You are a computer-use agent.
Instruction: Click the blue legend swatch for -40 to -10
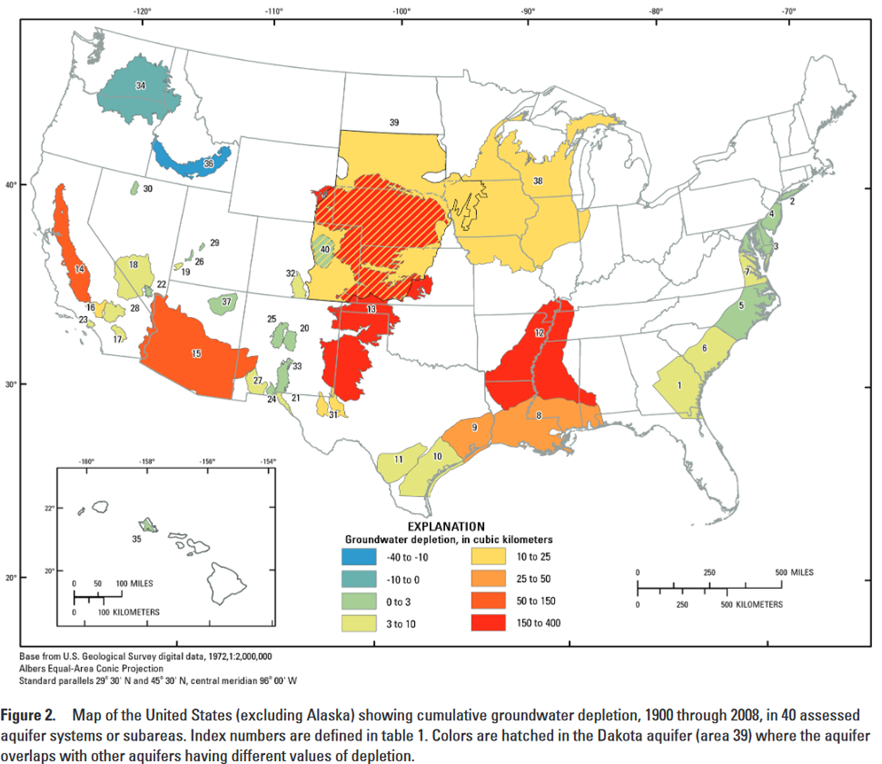click(359, 557)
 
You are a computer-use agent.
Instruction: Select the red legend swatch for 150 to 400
click(488, 623)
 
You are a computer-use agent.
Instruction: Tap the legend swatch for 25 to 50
click(488, 578)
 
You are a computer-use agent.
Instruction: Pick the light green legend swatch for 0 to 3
click(359, 602)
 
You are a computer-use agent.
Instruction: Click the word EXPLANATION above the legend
click(446, 526)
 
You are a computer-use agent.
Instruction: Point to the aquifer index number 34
click(141, 85)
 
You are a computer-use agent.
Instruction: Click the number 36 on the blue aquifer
click(208, 164)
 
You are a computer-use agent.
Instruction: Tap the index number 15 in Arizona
click(196, 353)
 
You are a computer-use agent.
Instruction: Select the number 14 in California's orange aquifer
click(80, 269)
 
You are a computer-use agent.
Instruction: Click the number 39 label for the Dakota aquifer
click(394, 123)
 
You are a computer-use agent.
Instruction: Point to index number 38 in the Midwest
click(538, 181)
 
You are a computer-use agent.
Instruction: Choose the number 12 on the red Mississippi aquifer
click(539, 333)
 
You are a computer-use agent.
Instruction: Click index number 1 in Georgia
click(679, 385)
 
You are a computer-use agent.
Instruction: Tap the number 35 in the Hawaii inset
click(136, 539)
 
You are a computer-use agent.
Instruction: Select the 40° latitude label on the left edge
click(11, 185)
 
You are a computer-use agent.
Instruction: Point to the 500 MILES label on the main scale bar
click(794, 572)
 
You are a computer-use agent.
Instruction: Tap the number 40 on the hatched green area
click(325, 249)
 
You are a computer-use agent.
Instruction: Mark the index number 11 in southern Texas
click(399, 459)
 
